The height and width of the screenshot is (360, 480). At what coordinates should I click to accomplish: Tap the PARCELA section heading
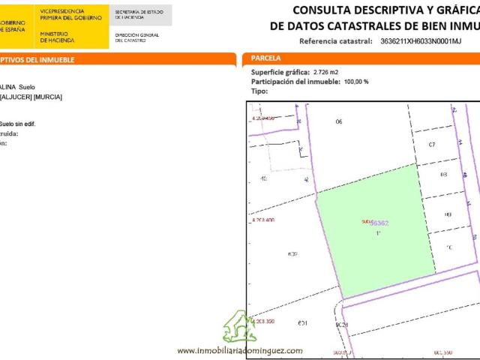266,58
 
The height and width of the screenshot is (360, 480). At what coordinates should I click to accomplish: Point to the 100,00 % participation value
356,81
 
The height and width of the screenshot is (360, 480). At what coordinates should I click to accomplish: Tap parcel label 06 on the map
338,121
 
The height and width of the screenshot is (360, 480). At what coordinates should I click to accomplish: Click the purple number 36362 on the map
380,223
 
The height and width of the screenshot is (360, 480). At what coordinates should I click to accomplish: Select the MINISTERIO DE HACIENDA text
57,37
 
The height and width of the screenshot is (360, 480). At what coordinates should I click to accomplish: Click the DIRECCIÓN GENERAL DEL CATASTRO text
137,37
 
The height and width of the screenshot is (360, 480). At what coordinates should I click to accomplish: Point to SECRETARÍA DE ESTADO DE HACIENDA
136,15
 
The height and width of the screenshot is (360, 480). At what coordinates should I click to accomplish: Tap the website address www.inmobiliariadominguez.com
240,350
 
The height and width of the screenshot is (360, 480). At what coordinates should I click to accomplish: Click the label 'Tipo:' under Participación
259,90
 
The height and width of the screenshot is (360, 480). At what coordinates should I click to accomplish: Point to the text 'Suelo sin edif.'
16,123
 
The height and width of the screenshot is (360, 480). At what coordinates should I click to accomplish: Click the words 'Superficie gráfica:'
280,72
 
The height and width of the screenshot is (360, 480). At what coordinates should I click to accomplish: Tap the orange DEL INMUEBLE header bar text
37,58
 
